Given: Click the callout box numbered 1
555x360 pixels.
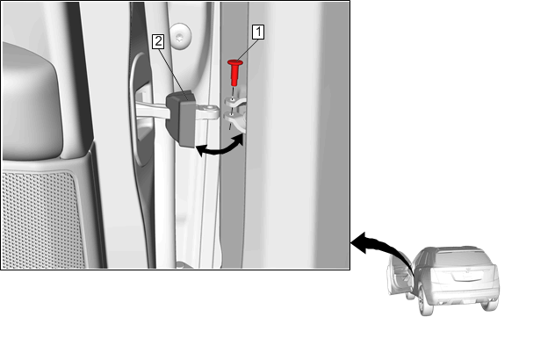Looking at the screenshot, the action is (258, 32).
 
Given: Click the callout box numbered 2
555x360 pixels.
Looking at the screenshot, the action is (158, 41).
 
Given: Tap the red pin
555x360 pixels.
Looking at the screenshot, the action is (234, 73).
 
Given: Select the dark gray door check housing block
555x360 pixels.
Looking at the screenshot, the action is (181, 119).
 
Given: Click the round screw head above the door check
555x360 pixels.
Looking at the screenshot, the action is (181, 37).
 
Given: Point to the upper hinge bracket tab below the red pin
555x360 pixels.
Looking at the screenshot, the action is (234, 103).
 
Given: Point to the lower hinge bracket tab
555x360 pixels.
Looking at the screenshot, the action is (235, 119).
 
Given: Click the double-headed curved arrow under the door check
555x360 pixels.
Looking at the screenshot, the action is (220, 148).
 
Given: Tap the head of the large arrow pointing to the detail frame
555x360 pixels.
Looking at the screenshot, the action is (358, 242).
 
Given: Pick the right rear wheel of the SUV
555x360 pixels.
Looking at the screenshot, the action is (489, 304).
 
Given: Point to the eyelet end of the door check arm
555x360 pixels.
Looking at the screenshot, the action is (213, 111).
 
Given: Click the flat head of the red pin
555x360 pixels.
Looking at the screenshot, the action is (235, 62).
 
